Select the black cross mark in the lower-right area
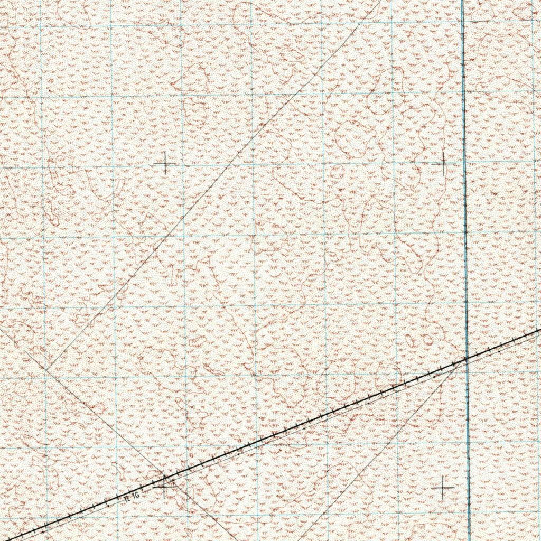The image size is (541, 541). (443, 489)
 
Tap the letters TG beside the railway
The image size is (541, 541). (135, 495)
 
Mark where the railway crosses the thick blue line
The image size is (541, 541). (467, 358)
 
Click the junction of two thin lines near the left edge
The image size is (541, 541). (46, 369)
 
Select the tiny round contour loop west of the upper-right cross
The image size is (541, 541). (336, 172)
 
